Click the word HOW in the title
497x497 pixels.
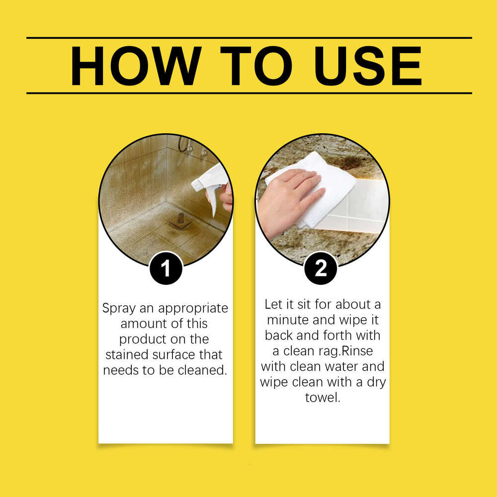[x=136, y=66]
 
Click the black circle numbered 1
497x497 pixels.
[x=166, y=269]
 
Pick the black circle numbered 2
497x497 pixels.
[x=321, y=269]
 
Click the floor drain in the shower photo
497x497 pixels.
[x=180, y=219]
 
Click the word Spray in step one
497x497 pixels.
[x=118, y=308]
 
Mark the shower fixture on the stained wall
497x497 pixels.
[x=185, y=145]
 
